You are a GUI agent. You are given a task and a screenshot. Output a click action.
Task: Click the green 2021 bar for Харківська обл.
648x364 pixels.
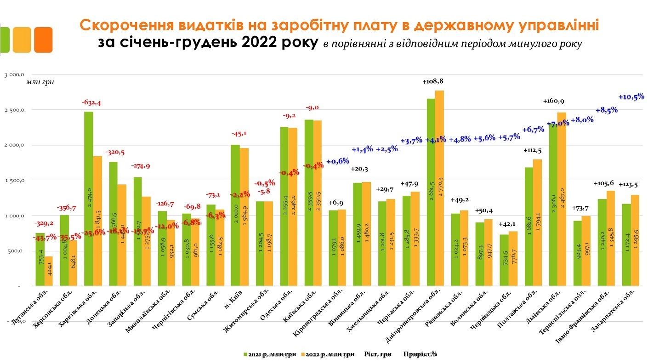(x=89, y=198)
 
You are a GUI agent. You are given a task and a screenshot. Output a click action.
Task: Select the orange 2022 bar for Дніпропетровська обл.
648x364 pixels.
(x=440, y=188)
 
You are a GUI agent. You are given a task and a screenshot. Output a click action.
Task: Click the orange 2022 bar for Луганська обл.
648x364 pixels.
(x=48, y=271)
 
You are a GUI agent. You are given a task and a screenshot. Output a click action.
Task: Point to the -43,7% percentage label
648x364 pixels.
(x=45, y=237)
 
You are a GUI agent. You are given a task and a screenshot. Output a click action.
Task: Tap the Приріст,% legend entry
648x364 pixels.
(x=420, y=354)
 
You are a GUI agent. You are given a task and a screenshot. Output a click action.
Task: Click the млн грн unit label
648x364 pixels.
(x=40, y=82)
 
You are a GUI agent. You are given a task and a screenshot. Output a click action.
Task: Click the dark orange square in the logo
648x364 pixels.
(x=43, y=40)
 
